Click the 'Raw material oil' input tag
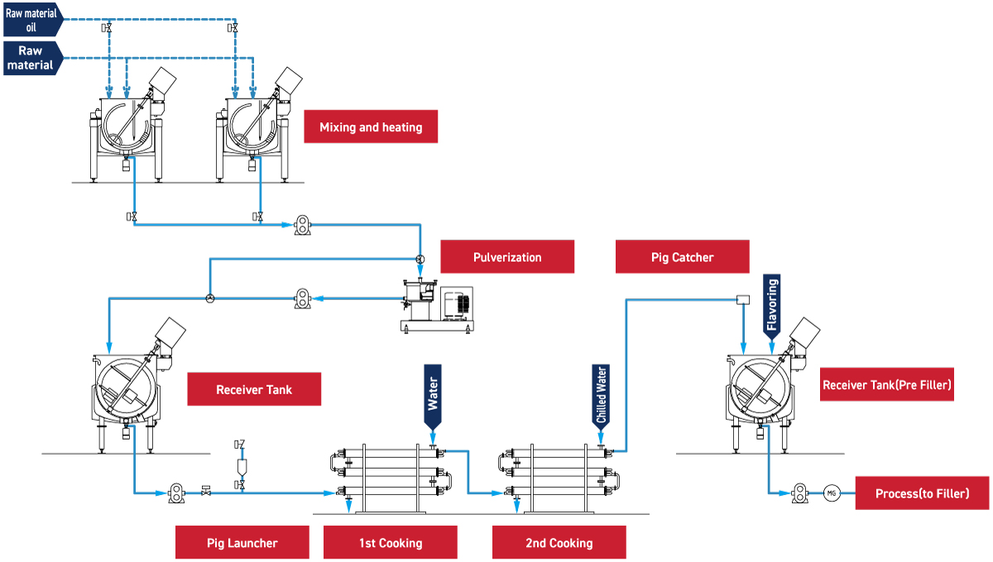pyautogui.click(x=31, y=19)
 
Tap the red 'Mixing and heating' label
pyautogui.click(x=371, y=126)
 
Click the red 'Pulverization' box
pyautogui.click(x=507, y=257)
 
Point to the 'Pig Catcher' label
pyautogui.click(x=682, y=257)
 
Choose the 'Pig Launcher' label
pyautogui.click(x=242, y=543)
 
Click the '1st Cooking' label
pyautogui.click(x=390, y=543)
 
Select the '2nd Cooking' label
pyautogui.click(x=559, y=543)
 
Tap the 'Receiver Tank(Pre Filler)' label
pyautogui.click(x=886, y=384)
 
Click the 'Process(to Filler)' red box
pyautogui.click(x=922, y=493)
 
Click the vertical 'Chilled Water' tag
pyautogui.click(x=602, y=396)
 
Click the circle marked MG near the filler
pyautogui.click(x=832, y=493)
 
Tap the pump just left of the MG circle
pyautogui.click(x=799, y=493)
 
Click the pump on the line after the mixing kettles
pyautogui.click(x=303, y=224)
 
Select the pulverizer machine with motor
pyautogui.click(x=434, y=307)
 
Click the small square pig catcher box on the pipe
pyautogui.click(x=742, y=299)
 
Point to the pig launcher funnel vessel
pyautogui.click(x=241, y=467)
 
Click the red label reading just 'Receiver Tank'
pyautogui.click(x=254, y=389)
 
